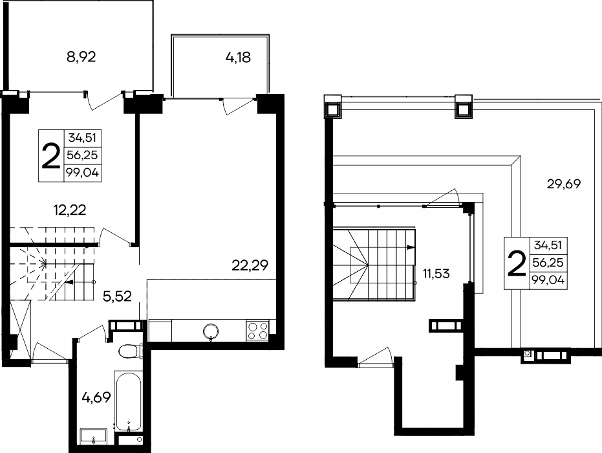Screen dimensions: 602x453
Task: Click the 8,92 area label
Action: click(x=81, y=57)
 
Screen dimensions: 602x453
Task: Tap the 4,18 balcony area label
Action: click(x=238, y=57)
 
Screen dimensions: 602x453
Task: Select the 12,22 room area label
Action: click(x=69, y=210)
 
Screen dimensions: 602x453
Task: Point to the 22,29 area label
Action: click(x=250, y=265)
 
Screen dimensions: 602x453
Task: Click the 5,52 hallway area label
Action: click(x=118, y=296)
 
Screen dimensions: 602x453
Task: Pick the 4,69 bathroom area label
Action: click(x=96, y=397)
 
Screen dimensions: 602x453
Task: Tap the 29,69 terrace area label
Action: click(x=564, y=184)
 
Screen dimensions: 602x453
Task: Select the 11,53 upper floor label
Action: click(x=436, y=274)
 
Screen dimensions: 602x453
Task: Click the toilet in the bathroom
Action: click(x=130, y=351)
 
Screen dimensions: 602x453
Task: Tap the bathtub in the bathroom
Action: click(x=128, y=401)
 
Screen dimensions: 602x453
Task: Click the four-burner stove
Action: click(x=257, y=331)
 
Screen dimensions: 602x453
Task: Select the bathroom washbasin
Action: click(x=93, y=437)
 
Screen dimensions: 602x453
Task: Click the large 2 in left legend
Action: click(x=50, y=156)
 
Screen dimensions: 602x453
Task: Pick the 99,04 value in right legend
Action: click(x=548, y=280)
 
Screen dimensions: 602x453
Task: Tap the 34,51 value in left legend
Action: click(x=82, y=137)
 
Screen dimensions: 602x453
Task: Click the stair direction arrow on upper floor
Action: click(x=411, y=247)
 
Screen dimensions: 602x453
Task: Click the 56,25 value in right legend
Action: click(x=548, y=263)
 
